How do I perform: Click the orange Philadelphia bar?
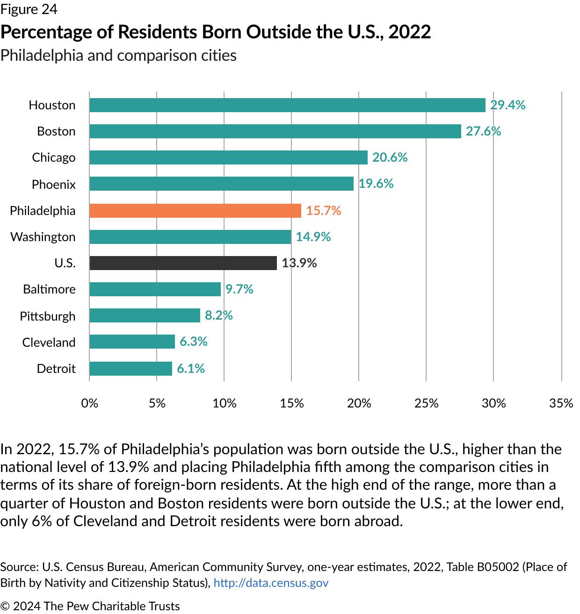(x=195, y=211)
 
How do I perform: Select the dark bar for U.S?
(x=183, y=263)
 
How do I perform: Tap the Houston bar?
(x=287, y=105)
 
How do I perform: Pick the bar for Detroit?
(x=130, y=369)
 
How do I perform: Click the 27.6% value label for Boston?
(x=483, y=131)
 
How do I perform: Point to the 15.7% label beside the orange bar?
(x=324, y=211)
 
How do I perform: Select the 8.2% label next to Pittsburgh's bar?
(x=219, y=315)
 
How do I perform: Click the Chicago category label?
(x=54, y=157)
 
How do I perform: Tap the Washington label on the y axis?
(x=43, y=237)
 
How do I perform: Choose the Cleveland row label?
(x=49, y=343)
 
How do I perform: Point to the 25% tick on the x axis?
(x=426, y=403)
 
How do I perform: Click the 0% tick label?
(x=89, y=403)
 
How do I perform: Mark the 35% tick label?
(x=561, y=403)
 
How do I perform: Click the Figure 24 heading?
(x=29, y=9)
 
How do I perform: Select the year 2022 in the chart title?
(x=410, y=32)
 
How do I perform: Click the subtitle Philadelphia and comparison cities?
(x=118, y=56)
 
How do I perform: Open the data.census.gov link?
(x=271, y=583)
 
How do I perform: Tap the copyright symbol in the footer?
(x=5, y=606)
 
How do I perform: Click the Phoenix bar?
(x=221, y=184)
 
